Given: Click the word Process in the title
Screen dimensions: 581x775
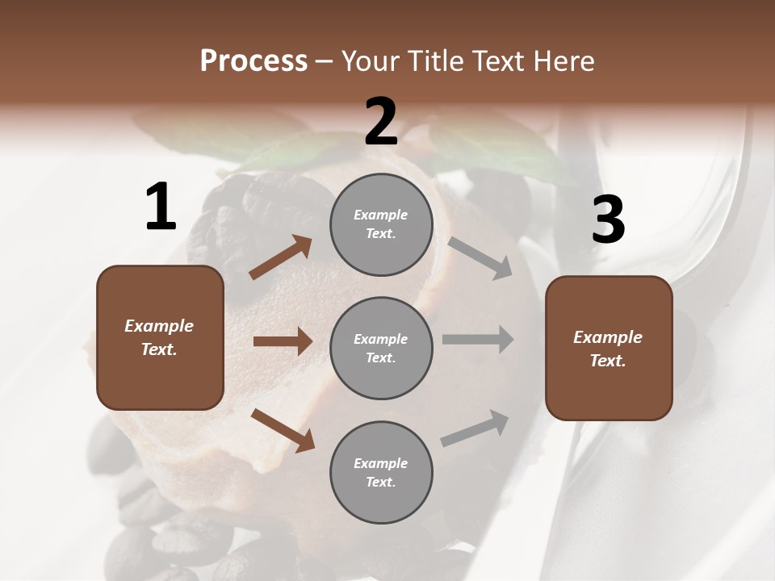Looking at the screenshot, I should pos(253,61).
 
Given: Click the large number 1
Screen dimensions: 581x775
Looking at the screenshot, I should pos(161,207).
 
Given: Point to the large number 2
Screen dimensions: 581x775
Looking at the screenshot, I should pos(381,122).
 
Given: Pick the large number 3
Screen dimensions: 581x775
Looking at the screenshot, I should pos(608,219).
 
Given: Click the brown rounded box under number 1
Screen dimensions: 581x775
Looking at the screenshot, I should pos(160,337).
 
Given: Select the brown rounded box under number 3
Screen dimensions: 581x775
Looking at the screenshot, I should pos(609,349).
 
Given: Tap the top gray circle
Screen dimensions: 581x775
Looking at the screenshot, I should pos(381,224).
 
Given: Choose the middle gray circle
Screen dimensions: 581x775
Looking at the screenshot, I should pos(381,349).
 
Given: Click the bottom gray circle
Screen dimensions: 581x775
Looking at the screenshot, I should pos(381,473).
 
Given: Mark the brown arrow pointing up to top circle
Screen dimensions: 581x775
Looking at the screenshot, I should pos(281,258).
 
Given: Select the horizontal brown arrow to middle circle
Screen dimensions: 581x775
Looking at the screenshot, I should pos(283,341).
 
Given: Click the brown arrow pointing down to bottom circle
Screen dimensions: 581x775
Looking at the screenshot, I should pos(283,430).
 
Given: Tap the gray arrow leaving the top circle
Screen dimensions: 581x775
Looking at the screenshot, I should pos(480,258).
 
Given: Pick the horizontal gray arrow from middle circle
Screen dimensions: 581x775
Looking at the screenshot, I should pos(478,340).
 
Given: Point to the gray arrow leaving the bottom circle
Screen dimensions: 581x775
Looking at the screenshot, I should pos(475,428).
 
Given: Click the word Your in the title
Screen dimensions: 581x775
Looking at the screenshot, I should pos(371,61).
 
